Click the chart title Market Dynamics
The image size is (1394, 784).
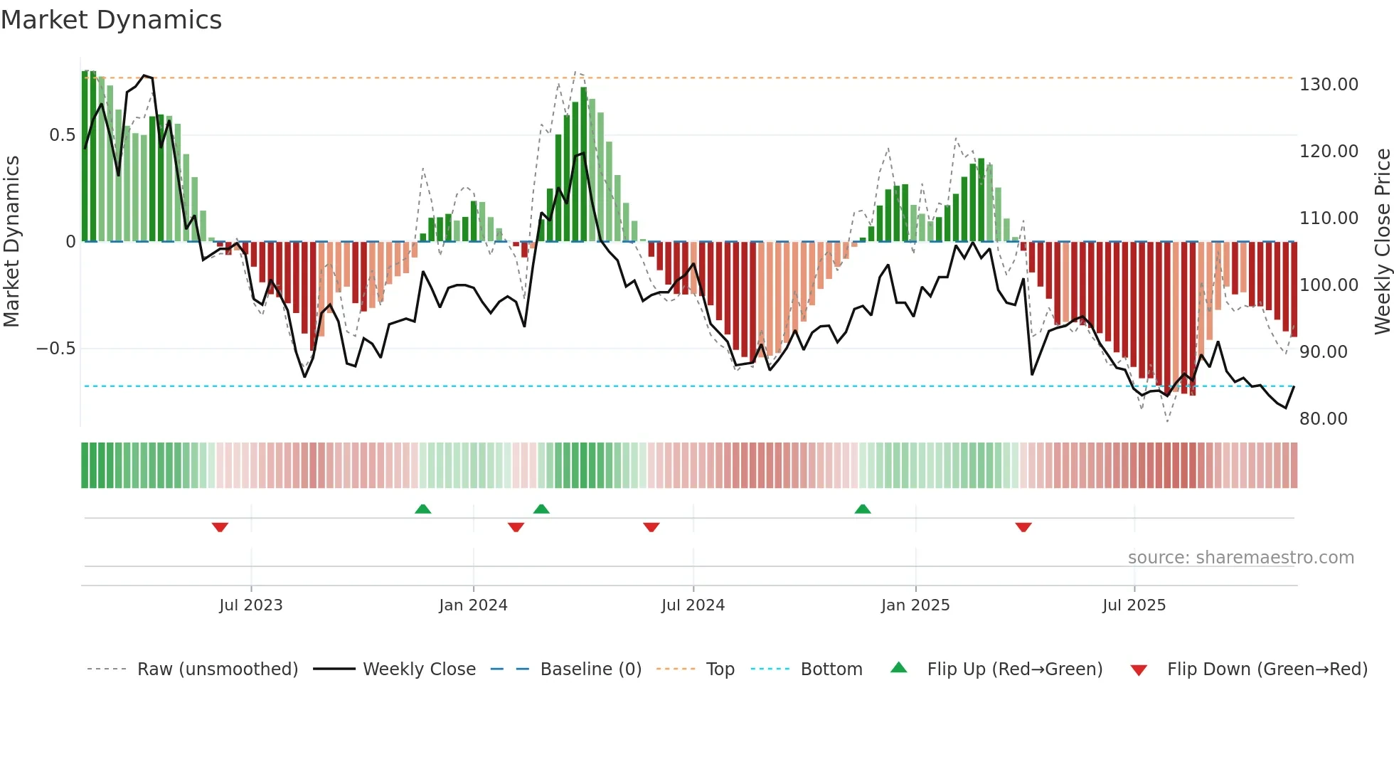click(111, 20)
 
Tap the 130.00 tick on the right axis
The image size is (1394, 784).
click(1329, 85)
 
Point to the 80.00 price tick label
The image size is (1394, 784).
click(1323, 419)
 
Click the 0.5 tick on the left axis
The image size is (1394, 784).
click(63, 135)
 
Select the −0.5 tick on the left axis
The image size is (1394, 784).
click(56, 349)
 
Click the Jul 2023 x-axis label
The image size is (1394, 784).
click(250, 605)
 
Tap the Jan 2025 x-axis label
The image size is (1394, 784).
click(915, 605)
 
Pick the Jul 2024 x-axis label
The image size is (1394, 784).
click(693, 605)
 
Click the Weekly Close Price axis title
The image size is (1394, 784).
click(1382, 241)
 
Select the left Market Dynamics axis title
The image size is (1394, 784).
click(12, 241)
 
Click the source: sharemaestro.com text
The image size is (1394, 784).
click(1240, 558)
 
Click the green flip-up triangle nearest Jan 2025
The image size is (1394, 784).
click(863, 509)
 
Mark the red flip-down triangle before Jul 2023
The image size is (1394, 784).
click(220, 527)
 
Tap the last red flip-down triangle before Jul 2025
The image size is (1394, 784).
click(1023, 527)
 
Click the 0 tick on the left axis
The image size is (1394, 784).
click(70, 242)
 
